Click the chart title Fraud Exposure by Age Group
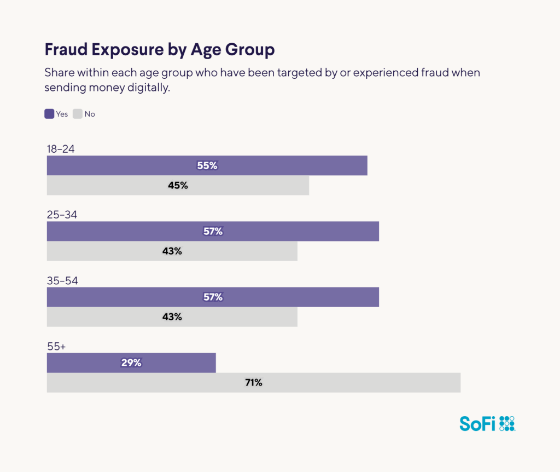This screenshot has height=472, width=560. [159, 50]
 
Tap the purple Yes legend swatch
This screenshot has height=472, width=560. [49, 114]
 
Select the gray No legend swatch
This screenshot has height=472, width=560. [78, 114]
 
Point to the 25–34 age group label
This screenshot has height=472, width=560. [62, 215]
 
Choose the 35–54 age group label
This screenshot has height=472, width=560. [62, 280]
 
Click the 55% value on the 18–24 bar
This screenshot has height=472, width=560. [207, 165]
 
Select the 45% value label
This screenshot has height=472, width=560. [178, 185]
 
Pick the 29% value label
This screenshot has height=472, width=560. [131, 362]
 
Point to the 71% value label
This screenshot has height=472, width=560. [253, 382]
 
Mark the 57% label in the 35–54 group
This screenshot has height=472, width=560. [213, 297]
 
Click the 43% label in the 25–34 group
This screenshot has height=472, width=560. [172, 251]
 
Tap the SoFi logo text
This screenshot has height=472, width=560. [477, 423]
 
